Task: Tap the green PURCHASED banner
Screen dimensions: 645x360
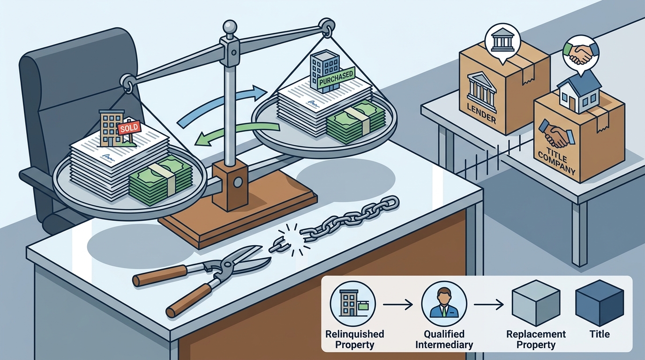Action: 336,78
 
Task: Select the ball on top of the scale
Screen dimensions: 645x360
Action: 230,27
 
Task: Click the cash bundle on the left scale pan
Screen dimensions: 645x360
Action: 160,180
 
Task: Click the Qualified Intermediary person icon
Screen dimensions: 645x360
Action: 444,304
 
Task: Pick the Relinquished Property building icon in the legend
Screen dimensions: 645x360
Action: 352,304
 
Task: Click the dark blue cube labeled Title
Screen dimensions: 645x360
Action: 600,303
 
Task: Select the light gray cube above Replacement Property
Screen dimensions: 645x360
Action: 536,303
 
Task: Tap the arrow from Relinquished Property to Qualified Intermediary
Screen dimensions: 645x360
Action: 398,304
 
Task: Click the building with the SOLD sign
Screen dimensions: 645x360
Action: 112,127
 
